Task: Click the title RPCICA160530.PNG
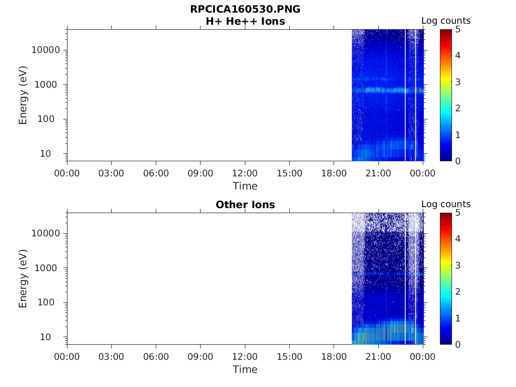(x=245, y=10)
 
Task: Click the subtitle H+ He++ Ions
(x=245, y=22)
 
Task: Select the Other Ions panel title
(x=245, y=205)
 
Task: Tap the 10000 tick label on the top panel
(x=45, y=50)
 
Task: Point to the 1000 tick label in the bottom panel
(x=48, y=268)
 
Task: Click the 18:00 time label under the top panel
(x=334, y=173)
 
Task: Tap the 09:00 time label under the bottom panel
(x=201, y=357)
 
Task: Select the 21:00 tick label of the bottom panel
(x=378, y=357)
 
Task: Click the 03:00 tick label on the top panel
(x=111, y=173)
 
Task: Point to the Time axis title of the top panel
(x=245, y=186)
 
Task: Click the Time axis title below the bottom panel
(x=245, y=369)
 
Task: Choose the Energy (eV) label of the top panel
(x=23, y=95)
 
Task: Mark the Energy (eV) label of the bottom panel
(x=23, y=278)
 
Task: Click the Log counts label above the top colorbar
(x=445, y=21)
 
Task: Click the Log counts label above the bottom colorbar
(x=445, y=204)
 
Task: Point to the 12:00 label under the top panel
(x=245, y=173)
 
